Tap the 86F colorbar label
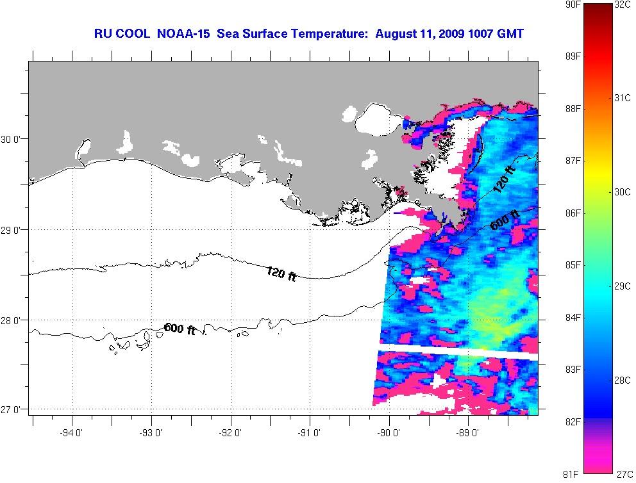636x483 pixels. (x=573, y=213)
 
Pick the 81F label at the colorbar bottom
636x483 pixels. (x=573, y=474)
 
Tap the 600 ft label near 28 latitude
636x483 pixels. (x=180, y=329)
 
